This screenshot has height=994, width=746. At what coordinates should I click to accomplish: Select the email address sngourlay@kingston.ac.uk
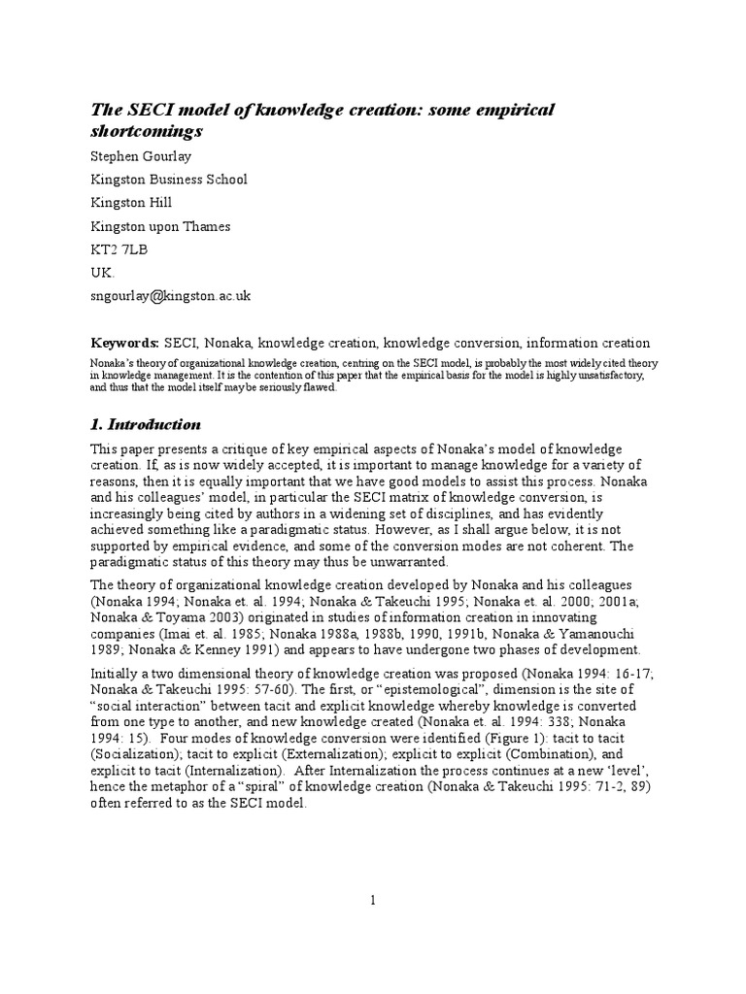click(176, 296)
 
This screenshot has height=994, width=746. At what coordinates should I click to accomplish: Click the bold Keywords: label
click(125, 343)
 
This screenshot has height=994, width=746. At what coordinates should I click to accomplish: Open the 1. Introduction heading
click(146, 424)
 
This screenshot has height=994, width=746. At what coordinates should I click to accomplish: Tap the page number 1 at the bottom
click(372, 901)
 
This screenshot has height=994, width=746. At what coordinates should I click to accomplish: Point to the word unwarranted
click(412, 563)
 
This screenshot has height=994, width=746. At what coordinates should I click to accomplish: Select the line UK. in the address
click(102, 273)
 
